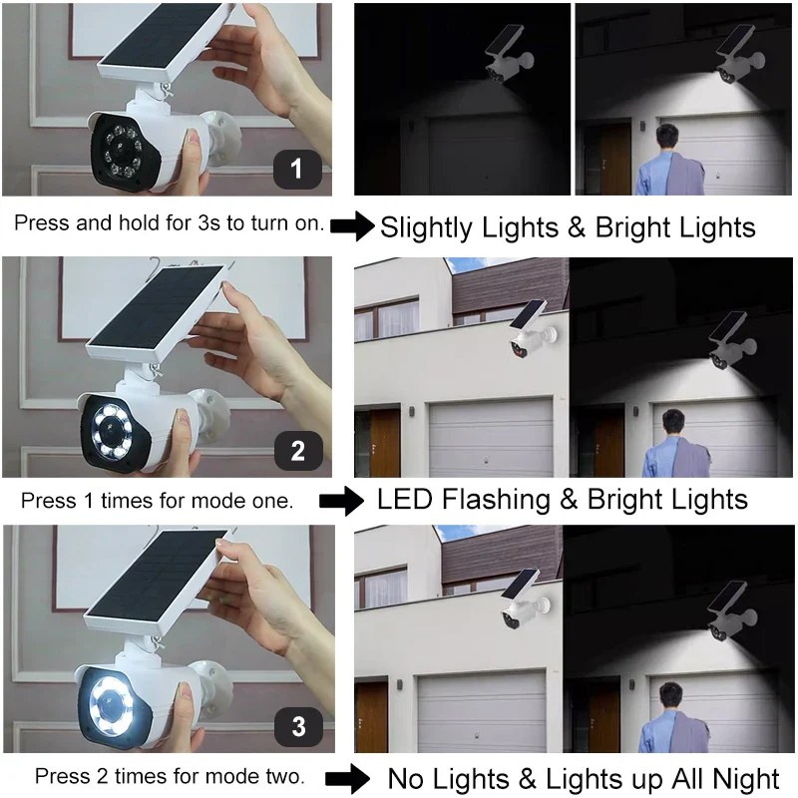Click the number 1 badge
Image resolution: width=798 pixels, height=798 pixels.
tap(297, 169)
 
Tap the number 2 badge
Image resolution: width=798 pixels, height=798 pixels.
tap(298, 451)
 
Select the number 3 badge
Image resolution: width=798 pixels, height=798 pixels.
tap(298, 726)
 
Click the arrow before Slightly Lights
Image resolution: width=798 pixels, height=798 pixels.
tap(352, 226)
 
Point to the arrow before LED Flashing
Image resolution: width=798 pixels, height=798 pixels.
tap(341, 501)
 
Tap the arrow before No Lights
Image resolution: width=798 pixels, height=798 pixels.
tap(347, 778)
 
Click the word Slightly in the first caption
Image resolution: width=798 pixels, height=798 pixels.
tap(427, 228)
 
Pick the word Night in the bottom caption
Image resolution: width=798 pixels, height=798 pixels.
tap(745, 779)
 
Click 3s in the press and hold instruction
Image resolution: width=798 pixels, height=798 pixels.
tap(210, 223)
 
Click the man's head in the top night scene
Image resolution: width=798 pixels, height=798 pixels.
tap(666, 137)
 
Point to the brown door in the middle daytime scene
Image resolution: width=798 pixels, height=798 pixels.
tap(385, 442)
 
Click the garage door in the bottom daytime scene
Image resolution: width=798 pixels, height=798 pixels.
tap(482, 711)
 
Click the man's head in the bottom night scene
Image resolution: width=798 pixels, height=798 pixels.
tap(670, 696)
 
